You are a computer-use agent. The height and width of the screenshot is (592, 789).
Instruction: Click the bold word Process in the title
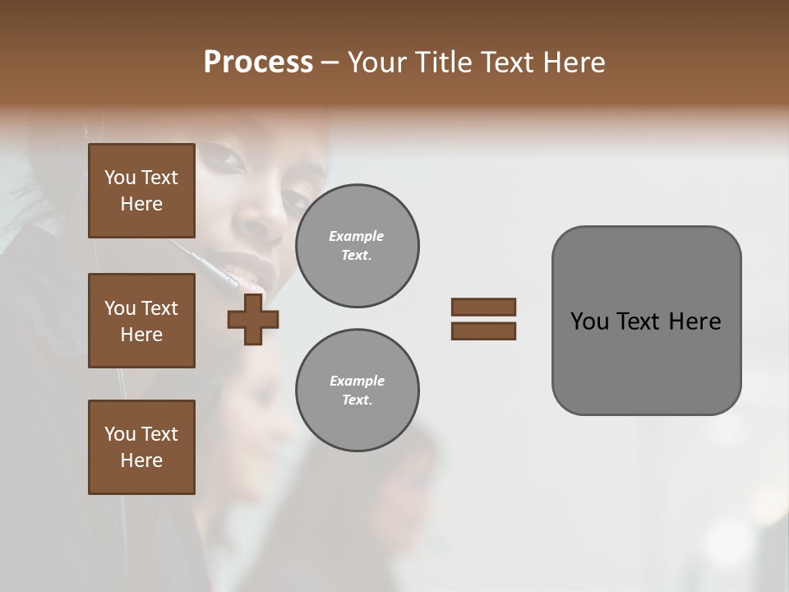(x=258, y=62)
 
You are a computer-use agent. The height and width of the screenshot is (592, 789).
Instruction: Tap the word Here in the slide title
(x=574, y=62)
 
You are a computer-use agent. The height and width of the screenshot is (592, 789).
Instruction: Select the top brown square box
(x=141, y=191)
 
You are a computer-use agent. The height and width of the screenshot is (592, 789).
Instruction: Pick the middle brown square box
(x=141, y=321)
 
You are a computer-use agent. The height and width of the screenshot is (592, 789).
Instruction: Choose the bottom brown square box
(x=141, y=446)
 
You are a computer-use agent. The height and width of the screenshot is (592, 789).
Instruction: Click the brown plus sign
(x=253, y=320)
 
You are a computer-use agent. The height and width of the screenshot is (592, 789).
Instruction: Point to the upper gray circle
(x=357, y=246)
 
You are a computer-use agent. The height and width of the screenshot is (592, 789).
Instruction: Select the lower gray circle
(x=357, y=391)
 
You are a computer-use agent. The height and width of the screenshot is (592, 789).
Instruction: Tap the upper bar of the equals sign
(x=483, y=307)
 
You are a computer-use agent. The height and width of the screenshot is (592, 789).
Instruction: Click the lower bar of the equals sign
(x=483, y=331)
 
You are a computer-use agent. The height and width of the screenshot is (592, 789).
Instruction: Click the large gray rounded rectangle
(x=646, y=362)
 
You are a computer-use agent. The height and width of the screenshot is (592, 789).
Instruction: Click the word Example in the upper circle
(x=356, y=237)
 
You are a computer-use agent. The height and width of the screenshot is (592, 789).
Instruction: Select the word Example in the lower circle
(x=356, y=382)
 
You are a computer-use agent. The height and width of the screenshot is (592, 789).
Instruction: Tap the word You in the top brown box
(x=119, y=178)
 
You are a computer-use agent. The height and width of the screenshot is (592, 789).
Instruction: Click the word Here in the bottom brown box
(x=141, y=460)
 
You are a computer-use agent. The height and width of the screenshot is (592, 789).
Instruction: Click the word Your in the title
(x=376, y=62)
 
